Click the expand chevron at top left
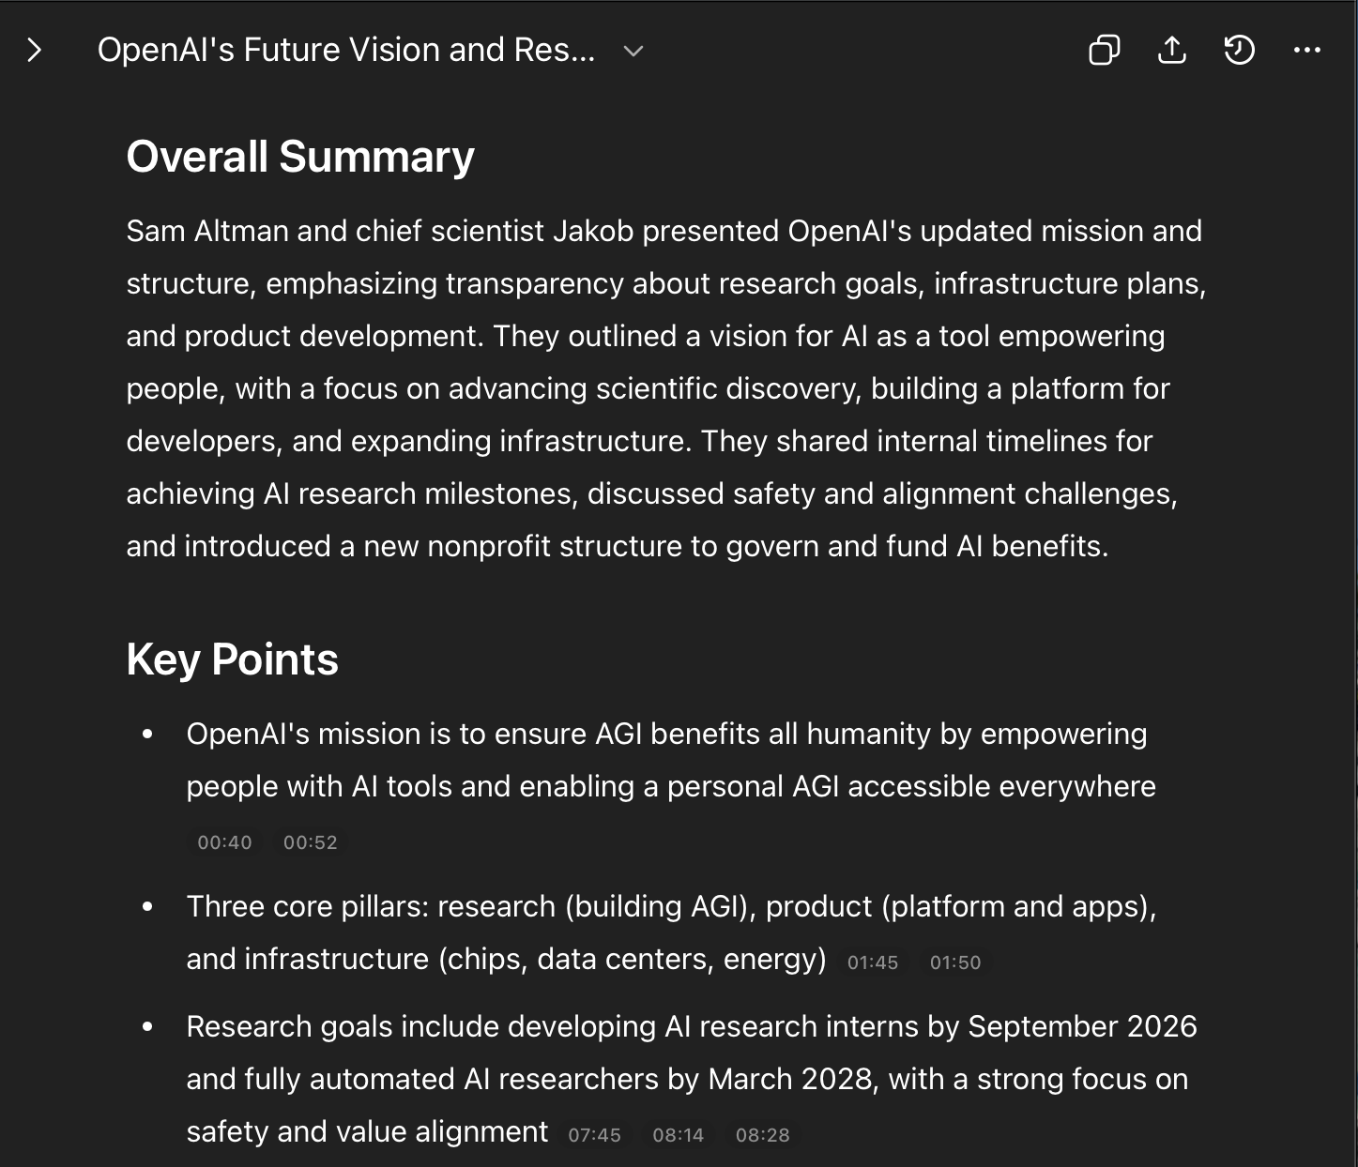point(35,50)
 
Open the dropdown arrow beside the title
point(633,51)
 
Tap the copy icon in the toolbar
point(1104,50)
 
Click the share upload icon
point(1172,50)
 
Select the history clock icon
point(1239,50)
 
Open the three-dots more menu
point(1307,50)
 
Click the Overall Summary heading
point(300,156)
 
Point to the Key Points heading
point(232,659)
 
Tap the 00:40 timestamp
point(224,842)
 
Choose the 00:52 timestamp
point(311,842)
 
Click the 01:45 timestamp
point(873,962)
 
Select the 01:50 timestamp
point(955,962)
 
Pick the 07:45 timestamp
point(595,1135)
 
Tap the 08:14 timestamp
point(679,1135)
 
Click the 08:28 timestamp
point(763,1135)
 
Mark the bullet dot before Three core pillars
point(147,906)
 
